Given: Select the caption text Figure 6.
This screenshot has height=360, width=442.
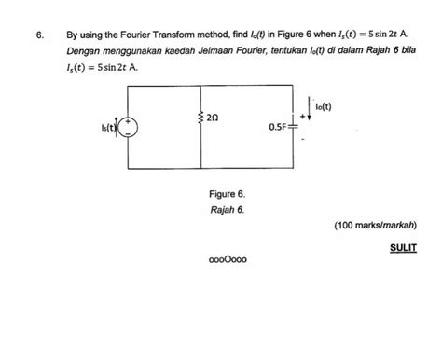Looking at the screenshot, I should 228,194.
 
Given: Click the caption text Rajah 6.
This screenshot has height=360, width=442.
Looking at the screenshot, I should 227,210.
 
